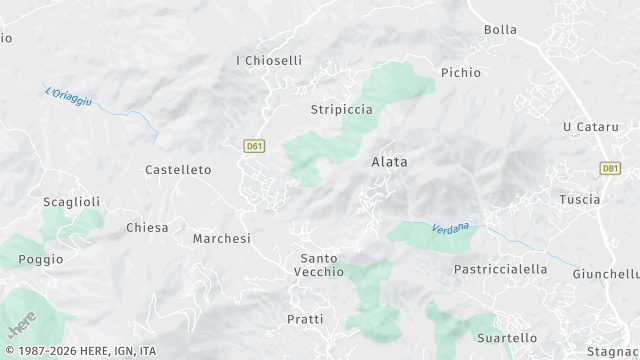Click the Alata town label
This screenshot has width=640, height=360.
pos(389,161)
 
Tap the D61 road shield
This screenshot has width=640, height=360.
pos(255,146)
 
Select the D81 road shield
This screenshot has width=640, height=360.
pos(611,169)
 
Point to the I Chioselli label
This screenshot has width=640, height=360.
pos(269,61)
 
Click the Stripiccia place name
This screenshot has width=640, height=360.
pos(342,109)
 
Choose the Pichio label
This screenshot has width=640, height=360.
pos(461,73)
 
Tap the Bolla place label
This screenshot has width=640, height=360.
pos(500,30)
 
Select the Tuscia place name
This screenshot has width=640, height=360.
pos(580,199)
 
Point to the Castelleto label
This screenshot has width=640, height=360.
pos(178,170)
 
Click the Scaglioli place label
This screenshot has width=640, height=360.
pos(71,202)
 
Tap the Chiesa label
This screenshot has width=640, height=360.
pos(147,228)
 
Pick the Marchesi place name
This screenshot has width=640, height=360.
pos(221,239)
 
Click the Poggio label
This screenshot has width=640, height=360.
pos(40,259)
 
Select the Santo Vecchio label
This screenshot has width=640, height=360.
pos(320,265)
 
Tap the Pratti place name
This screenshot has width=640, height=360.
pos(305,319)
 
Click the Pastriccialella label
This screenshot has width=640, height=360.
pos(501,269)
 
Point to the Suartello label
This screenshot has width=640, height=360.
pos(507,338)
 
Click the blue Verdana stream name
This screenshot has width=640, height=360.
pos(450,228)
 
